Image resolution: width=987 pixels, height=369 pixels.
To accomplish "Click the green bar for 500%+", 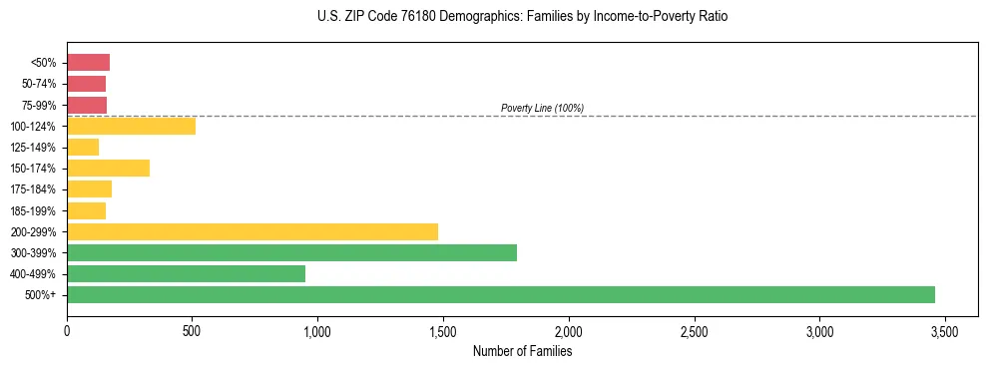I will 500,294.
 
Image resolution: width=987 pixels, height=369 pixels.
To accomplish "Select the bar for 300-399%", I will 291,252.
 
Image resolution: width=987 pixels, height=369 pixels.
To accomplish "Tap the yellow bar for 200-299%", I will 251,231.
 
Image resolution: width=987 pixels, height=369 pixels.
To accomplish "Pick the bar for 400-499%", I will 186,273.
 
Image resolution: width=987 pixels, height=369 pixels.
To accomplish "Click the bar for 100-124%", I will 131,126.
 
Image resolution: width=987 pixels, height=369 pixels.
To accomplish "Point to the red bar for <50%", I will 88,63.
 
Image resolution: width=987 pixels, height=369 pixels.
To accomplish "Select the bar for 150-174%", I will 108,169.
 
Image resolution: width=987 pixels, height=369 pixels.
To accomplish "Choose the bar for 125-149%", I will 83,148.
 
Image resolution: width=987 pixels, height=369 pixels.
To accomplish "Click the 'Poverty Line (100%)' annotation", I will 542,108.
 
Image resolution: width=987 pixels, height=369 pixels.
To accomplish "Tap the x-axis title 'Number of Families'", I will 522,351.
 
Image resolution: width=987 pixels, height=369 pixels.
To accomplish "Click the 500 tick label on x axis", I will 192,330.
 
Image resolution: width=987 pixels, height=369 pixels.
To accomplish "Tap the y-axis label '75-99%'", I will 39,105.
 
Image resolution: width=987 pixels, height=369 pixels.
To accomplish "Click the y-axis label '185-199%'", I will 35,210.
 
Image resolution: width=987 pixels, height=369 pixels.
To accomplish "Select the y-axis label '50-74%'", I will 39,84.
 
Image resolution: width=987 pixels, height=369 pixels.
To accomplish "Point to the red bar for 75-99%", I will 87,105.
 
